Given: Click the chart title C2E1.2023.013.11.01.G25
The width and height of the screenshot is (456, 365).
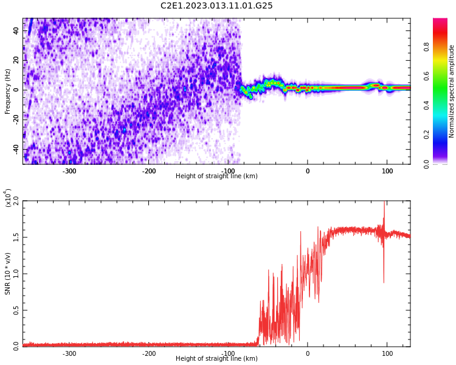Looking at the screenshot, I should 216,6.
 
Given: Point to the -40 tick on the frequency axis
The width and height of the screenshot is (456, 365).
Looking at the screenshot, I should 15,149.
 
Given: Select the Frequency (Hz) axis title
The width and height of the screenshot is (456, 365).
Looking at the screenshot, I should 8,91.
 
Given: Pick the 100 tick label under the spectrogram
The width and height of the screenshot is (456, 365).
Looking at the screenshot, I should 387,171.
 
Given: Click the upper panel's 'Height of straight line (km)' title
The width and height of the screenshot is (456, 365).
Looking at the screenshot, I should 216,176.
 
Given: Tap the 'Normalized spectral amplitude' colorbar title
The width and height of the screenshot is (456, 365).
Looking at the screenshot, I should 452,91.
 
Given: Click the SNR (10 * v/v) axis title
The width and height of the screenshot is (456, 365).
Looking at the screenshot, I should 8,274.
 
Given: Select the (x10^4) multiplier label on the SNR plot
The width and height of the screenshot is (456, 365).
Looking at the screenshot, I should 9,197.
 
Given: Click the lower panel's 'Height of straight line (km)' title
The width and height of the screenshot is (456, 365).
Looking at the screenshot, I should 216,359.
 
